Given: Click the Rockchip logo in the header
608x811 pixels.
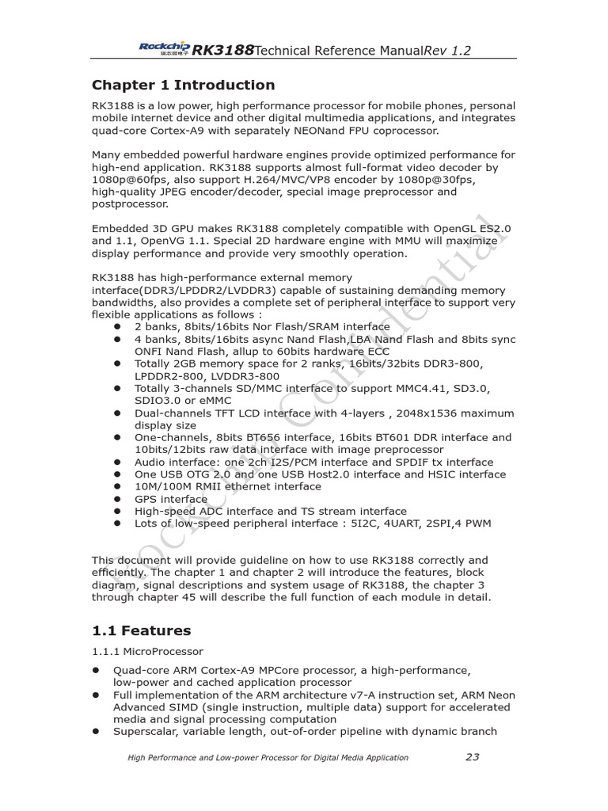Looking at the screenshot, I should coord(164,49).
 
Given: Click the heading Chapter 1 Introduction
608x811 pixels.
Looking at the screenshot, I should coord(183,86).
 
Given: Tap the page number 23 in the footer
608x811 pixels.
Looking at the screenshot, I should coord(472,757).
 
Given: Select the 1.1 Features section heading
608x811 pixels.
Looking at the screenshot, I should coord(142,630).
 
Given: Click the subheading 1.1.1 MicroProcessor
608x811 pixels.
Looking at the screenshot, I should coord(147,652).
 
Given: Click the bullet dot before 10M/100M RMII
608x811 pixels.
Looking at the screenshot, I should coord(116,487).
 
